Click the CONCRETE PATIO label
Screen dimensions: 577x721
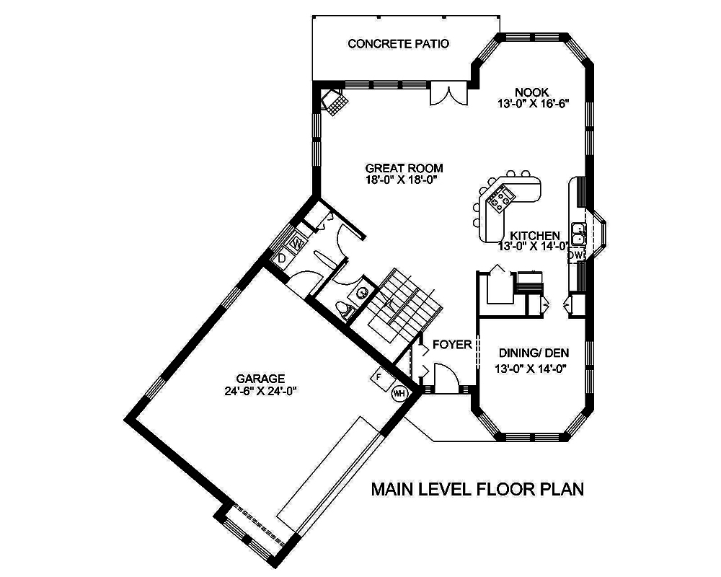[398, 44]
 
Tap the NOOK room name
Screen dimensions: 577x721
[532, 92]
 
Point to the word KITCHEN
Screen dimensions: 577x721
[535, 235]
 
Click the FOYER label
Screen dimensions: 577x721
[452, 345]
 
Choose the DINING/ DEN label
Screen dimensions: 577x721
[534, 353]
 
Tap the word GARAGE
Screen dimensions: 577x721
[260, 379]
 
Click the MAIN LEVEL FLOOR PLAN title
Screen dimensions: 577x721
[477, 489]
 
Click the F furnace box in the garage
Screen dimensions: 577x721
[379, 376]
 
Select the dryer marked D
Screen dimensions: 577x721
[282, 257]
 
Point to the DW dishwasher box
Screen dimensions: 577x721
[575, 255]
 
